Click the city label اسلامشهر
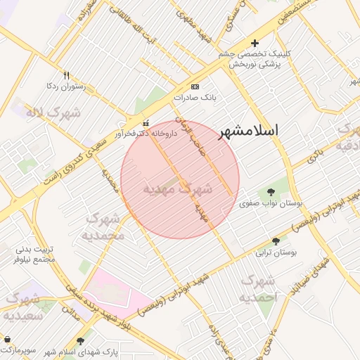coord(248,131)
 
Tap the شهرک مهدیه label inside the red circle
coord(176,188)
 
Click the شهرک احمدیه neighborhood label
coord(259,289)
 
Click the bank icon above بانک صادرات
coord(195,86)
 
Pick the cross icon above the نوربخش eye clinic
coord(255,43)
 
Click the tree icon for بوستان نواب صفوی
coord(271,192)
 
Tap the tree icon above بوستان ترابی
coord(275,241)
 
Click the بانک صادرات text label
coord(193,98)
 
